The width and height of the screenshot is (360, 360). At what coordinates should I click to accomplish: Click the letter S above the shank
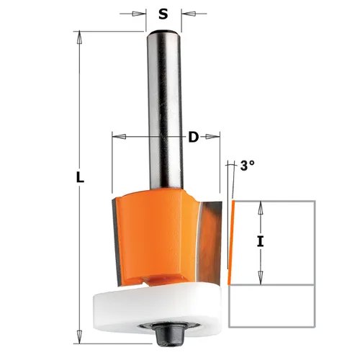[163, 12]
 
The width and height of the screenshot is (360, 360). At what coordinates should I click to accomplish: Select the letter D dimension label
[192, 136]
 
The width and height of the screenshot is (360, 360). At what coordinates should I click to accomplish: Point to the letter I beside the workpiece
[261, 243]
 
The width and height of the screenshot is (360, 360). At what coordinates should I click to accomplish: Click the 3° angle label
[247, 165]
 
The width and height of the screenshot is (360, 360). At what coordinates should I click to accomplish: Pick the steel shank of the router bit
[163, 108]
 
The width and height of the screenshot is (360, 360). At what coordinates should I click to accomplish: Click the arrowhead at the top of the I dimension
[261, 206]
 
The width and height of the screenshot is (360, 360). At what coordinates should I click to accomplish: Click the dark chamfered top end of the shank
[163, 32]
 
